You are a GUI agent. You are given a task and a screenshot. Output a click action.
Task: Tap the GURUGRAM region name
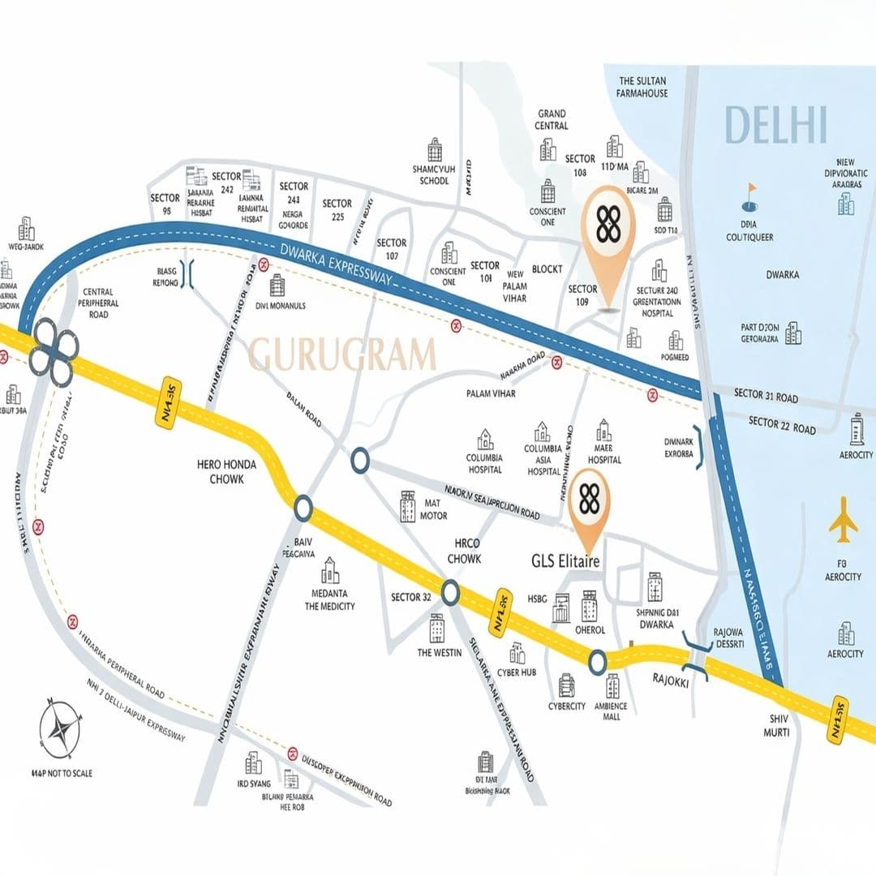341,355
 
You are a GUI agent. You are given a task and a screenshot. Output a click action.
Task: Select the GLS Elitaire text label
565,561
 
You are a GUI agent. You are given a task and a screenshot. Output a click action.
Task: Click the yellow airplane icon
844,522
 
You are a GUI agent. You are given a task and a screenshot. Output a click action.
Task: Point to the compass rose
60,728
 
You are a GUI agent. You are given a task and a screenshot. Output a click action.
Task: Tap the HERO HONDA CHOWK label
226,471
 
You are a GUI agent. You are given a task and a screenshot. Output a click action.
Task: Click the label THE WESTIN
440,652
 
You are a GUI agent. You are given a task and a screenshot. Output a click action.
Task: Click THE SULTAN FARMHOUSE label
643,87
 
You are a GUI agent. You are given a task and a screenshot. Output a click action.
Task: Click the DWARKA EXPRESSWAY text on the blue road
333,260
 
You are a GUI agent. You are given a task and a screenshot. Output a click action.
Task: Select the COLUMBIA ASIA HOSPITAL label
543,459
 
